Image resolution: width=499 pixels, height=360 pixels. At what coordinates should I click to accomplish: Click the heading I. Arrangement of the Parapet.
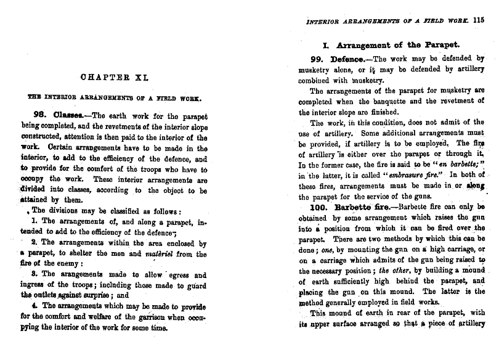[391, 44]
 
